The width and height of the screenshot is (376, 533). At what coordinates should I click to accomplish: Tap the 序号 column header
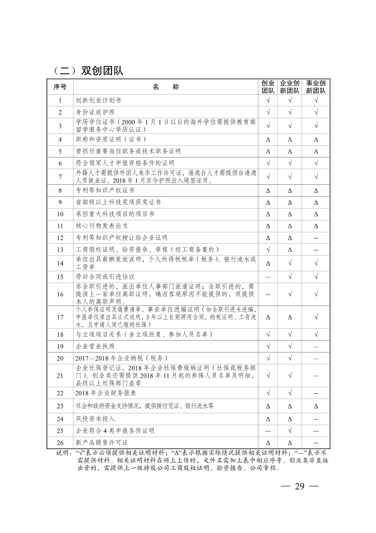click(60, 87)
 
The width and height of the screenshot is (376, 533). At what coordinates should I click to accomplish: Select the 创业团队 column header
click(268, 87)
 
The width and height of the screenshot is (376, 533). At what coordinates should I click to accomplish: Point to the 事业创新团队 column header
click(315, 87)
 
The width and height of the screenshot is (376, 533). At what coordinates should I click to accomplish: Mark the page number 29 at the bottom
click(299, 486)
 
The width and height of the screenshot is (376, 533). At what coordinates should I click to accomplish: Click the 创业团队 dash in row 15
click(268, 276)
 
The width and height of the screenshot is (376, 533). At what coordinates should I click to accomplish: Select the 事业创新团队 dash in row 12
click(315, 238)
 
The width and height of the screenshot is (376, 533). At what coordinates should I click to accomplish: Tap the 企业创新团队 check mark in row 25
click(289, 431)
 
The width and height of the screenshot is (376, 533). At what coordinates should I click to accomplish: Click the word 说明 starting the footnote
click(62, 452)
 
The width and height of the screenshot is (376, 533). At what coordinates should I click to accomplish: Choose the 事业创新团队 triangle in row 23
click(315, 406)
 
